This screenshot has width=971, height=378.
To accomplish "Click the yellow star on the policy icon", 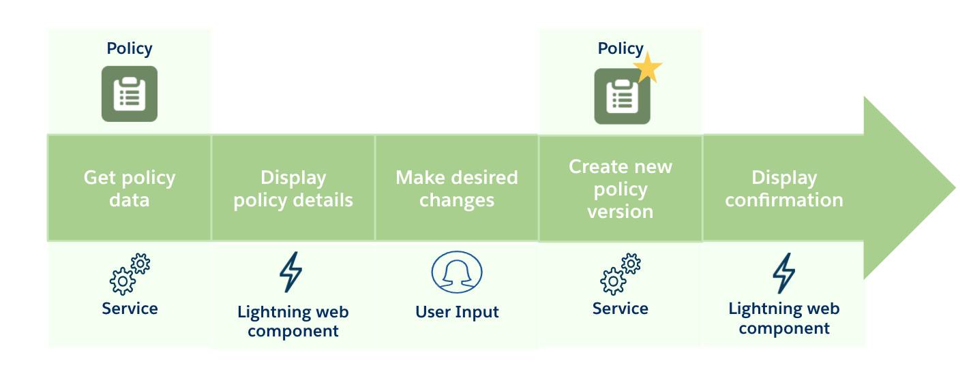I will coord(647,68).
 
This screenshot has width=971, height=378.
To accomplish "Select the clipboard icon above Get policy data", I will coord(130,94).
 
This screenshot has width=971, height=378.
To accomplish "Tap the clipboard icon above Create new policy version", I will coord(621,97).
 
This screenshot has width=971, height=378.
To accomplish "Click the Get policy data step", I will coord(130,189).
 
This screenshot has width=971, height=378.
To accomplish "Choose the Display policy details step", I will coord(293,189).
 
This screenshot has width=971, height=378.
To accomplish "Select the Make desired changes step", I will coord(457,189).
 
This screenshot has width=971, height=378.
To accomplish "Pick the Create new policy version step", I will coord(621,189).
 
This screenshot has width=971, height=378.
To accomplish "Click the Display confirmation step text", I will coord(784,189).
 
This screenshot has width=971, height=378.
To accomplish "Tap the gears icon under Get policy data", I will coord(130,274).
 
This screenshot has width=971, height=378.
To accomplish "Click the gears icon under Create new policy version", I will coord(621,274).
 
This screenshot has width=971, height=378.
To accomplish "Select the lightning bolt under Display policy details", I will coord(291,272).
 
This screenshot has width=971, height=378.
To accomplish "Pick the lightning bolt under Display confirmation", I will coord(783,273).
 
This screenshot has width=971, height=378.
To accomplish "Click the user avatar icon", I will coord(457,272).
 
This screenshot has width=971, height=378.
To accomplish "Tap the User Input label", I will coord(457,312).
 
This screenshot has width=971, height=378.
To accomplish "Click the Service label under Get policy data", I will coord(130,309).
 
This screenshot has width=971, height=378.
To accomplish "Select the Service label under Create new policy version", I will coord(621,309).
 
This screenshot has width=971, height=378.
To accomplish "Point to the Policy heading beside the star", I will coord(620,48).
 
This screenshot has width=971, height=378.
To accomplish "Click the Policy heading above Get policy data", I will coord(130,48).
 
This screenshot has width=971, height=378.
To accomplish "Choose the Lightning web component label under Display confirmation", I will coord(784,318).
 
